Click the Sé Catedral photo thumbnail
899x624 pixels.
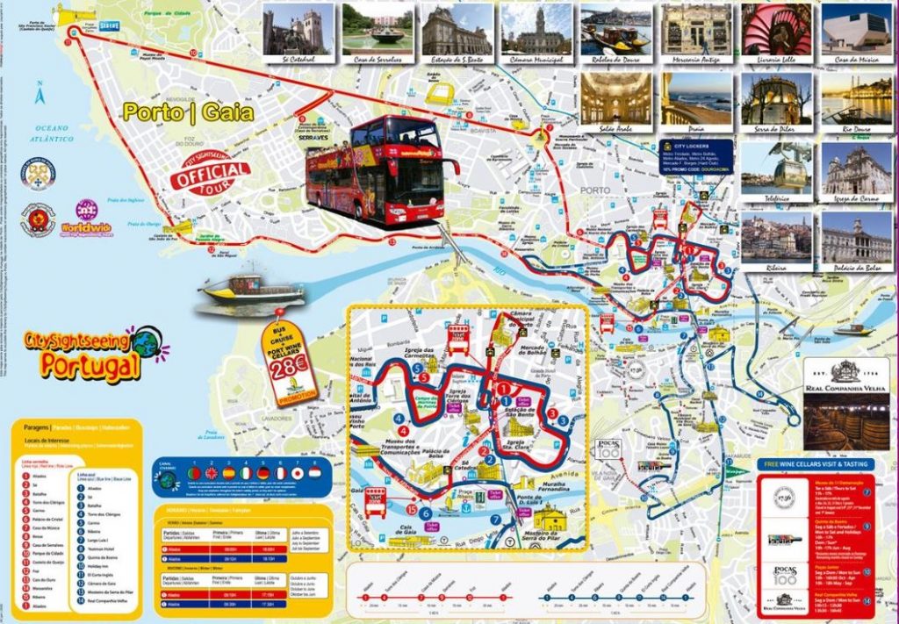[x=298, y=29]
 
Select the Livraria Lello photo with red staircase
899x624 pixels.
[x=776, y=29]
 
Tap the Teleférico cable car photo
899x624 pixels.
[x=776, y=168]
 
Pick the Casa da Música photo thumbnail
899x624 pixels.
[x=856, y=29]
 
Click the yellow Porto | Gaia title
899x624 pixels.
[x=188, y=112]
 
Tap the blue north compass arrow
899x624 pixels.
[x=40, y=93]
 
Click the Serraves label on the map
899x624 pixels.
[x=315, y=138]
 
